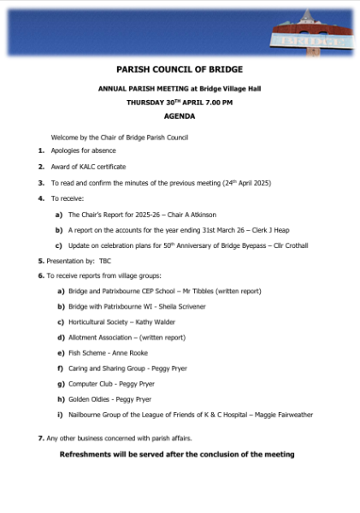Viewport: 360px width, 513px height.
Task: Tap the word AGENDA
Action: click(180, 115)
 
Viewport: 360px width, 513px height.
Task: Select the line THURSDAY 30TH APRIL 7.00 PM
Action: click(180, 102)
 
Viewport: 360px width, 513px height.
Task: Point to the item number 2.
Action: click(40, 167)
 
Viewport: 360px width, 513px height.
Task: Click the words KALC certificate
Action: click(101, 167)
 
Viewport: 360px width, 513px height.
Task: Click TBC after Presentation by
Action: click(105, 261)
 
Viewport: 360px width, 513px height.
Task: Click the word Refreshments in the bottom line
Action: click(92, 455)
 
